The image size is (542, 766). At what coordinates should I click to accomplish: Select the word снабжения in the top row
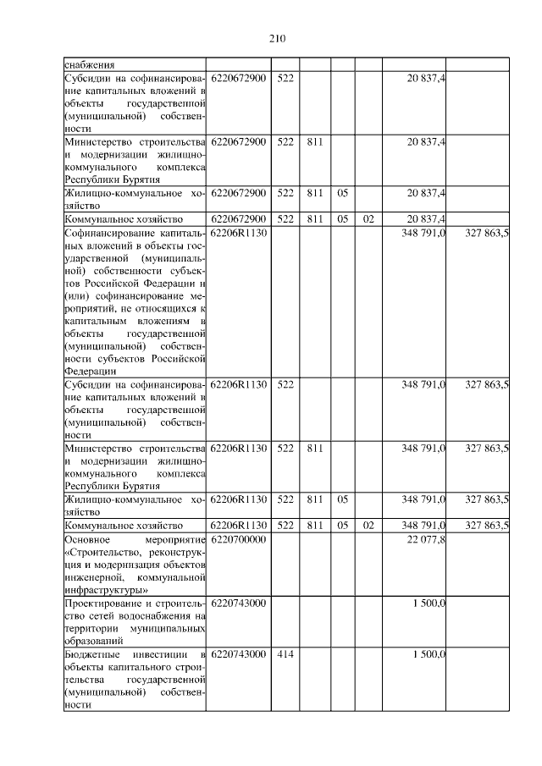(x=90, y=64)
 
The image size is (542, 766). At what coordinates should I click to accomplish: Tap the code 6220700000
(x=238, y=539)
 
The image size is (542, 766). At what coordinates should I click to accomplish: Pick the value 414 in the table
(x=285, y=654)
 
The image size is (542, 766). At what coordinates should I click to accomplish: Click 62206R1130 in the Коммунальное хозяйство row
(x=238, y=526)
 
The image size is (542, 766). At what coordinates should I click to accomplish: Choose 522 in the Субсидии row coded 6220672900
(x=285, y=78)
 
